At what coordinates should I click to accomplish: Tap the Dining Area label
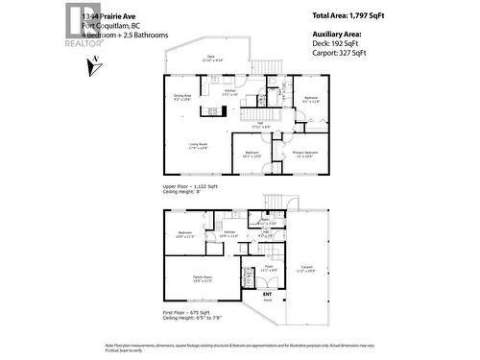pos(182,96)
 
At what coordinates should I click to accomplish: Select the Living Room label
pos(198,145)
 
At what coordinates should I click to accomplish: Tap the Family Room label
pos(203,277)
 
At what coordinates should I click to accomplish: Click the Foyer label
pos(270,268)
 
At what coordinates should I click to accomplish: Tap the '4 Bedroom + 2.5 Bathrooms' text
pos(125,36)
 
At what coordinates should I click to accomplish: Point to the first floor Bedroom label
pos(186,233)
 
